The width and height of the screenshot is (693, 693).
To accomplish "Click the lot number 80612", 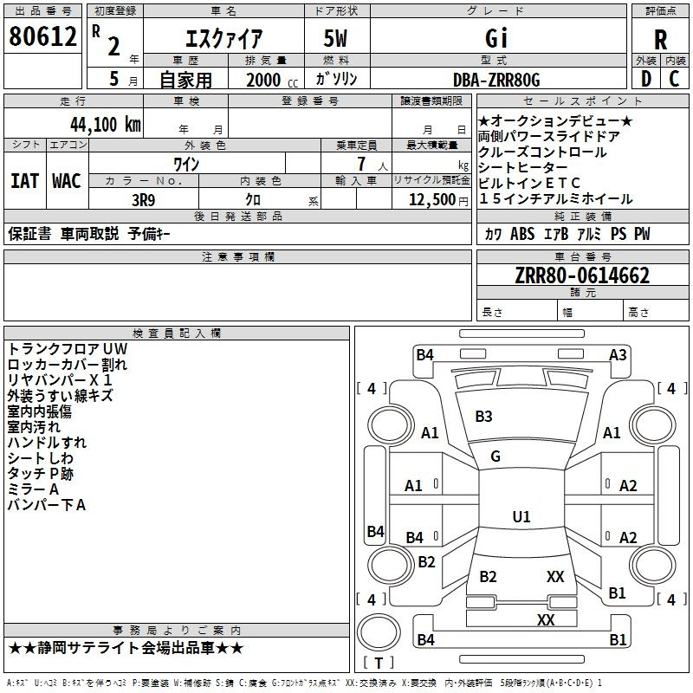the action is [42, 36].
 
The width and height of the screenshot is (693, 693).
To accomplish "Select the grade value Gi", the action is [496, 37].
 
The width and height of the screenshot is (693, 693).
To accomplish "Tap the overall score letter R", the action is [660, 40].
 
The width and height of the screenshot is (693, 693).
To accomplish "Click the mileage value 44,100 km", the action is [106, 125].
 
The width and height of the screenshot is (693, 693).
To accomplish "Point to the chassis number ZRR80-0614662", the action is [582, 275].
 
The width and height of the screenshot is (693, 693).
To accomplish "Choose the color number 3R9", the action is [144, 200].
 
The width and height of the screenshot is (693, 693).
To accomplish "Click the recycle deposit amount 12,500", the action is [432, 200].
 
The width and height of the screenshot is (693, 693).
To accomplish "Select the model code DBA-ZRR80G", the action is [496, 80].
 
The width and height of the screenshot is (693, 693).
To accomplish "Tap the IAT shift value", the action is [24, 181].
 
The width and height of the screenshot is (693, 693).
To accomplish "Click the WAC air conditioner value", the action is [67, 181].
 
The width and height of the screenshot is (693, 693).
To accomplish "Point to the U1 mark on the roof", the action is [521, 516].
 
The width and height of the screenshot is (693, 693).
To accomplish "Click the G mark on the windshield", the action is [495, 457].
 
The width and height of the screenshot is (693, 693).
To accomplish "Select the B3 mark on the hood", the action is [483, 417].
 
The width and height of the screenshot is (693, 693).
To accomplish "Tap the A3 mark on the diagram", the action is [618, 355].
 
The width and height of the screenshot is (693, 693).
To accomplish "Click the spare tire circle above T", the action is [379, 632].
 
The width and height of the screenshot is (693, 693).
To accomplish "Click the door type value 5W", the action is [335, 38].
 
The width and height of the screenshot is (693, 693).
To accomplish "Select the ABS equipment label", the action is [522, 233].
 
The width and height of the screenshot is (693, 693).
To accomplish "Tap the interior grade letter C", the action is [674, 79].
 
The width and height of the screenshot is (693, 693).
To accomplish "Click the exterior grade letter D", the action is [646, 79].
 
